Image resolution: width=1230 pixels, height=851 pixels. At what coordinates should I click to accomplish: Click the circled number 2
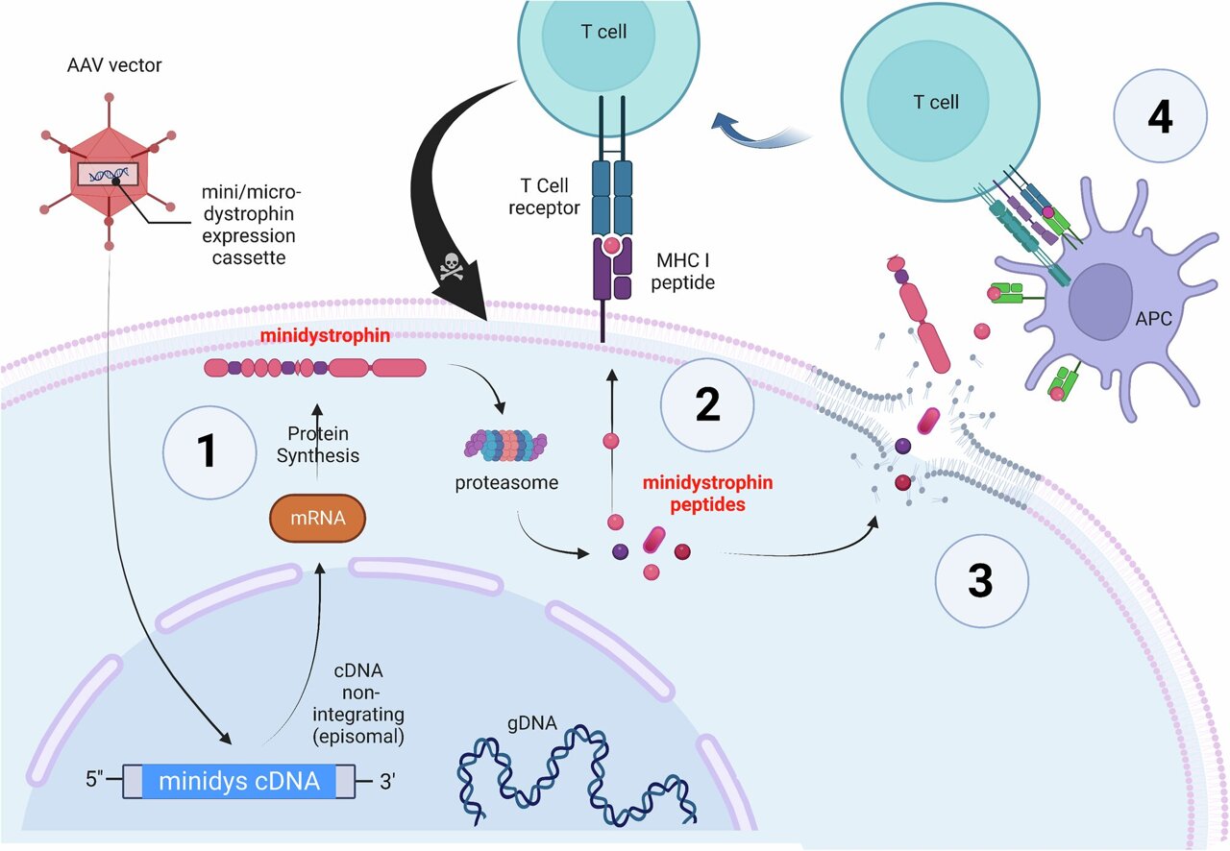(706, 406)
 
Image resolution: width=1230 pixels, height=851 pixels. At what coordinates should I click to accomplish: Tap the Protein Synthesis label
(317, 445)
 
